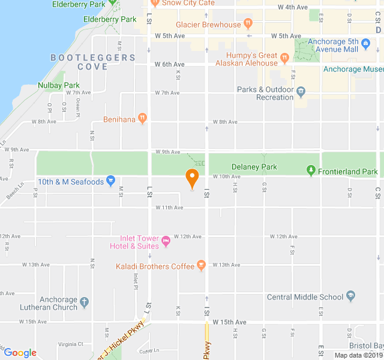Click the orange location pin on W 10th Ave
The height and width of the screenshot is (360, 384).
[x=192, y=178]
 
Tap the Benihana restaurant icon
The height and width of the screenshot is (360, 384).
[x=142, y=118]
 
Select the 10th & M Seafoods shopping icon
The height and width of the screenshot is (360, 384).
[x=110, y=181]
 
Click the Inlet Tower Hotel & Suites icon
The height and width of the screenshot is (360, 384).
[x=166, y=241]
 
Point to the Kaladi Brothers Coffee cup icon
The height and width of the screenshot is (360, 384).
[x=202, y=265]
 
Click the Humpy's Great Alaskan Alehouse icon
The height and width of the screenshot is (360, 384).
[x=284, y=57]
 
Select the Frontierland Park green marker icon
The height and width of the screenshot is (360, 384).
[x=311, y=171]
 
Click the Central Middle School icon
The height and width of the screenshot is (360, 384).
[x=351, y=296]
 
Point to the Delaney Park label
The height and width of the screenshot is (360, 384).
[x=254, y=167]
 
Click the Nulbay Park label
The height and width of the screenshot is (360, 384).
[x=58, y=85]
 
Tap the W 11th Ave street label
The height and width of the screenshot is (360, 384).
[x=169, y=208]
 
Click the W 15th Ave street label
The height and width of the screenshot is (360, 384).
[x=229, y=322]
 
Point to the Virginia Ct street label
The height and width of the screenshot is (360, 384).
[x=71, y=344]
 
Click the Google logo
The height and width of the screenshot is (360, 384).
[x=20, y=353]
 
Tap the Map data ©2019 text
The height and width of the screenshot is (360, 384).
[x=358, y=355]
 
